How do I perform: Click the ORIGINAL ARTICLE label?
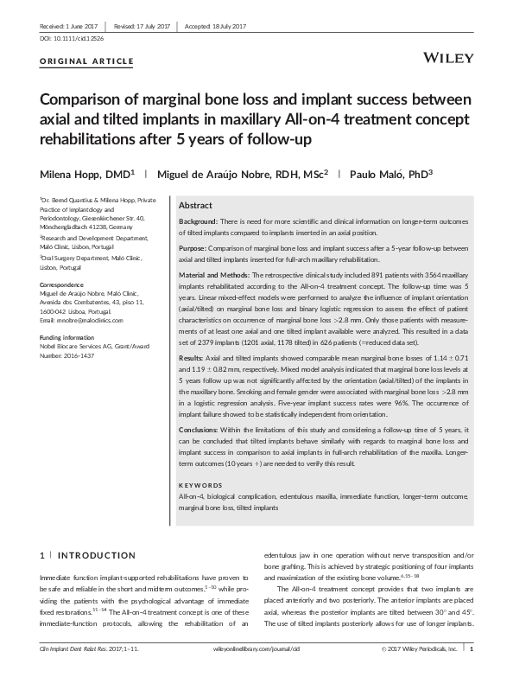point(87,61)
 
